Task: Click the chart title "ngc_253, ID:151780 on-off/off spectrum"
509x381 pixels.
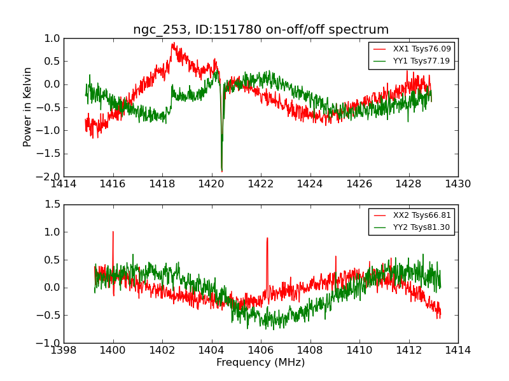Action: pyautogui.click(x=261, y=30)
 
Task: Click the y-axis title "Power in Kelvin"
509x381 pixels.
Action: pyautogui.click(x=28, y=107)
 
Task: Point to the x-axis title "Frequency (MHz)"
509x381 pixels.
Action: pyautogui.click(x=261, y=363)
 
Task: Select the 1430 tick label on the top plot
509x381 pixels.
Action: pyautogui.click(x=458, y=184)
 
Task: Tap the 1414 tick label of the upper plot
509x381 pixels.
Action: pyautogui.click(x=64, y=184)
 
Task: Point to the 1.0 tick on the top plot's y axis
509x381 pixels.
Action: pyautogui.click(x=52, y=38)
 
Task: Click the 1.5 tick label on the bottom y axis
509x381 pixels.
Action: pyautogui.click(x=52, y=204)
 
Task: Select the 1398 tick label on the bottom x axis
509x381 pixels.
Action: pyautogui.click(x=64, y=351)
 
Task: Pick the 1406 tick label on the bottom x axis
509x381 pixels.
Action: pyautogui.click(x=261, y=351)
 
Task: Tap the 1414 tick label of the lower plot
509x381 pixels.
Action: pyautogui.click(x=458, y=351)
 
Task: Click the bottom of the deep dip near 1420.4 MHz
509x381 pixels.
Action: pyautogui.click(x=221, y=171)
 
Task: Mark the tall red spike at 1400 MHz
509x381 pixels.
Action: pyautogui.click(x=113, y=232)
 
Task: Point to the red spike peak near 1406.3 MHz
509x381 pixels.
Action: pyautogui.click(x=267, y=238)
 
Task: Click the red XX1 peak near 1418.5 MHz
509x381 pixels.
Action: pyautogui.click(x=173, y=43)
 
